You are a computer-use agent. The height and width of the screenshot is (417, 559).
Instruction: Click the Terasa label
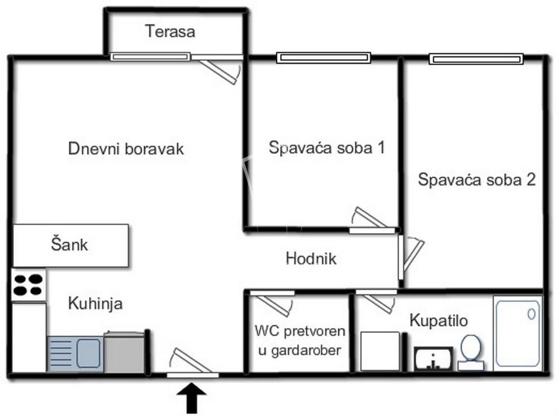[170, 31]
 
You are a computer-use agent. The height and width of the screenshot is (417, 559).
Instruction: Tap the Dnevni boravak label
[126, 149]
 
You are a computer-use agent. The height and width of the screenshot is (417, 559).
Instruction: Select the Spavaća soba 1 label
[327, 148]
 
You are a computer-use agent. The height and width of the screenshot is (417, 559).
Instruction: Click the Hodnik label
[311, 259]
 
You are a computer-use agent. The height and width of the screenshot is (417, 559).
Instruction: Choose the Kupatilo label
[439, 321]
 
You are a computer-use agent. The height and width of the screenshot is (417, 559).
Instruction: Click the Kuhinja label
[95, 304]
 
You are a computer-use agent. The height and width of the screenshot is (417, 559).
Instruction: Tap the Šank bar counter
[70, 245]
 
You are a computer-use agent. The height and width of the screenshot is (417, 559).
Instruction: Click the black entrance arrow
[192, 396]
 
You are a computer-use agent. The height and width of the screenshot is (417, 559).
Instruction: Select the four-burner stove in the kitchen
[29, 284]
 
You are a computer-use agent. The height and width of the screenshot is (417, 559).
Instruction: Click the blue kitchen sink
[75, 353]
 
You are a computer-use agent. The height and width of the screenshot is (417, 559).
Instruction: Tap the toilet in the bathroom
[471, 353]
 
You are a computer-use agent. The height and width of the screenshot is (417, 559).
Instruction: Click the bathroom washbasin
[434, 358]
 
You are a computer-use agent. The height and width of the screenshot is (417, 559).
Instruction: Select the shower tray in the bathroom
[517, 333]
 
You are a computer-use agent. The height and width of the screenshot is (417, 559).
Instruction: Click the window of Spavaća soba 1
[324, 57]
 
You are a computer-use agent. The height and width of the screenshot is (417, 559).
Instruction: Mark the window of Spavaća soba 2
[476, 58]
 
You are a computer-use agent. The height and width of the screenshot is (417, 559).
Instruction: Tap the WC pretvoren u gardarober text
[300, 340]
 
